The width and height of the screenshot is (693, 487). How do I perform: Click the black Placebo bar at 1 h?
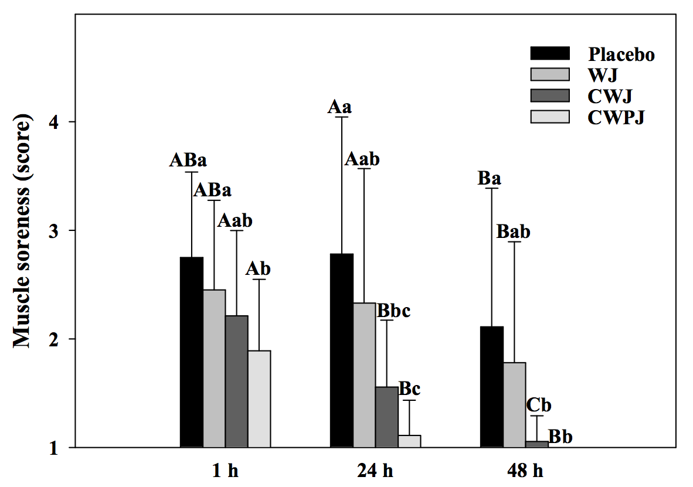pos(192,352)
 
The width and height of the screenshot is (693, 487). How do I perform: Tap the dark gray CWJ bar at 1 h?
pos(237,381)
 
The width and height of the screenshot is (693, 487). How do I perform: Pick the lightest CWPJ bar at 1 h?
pos(259,399)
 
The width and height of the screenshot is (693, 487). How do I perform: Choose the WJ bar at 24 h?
pos(364,375)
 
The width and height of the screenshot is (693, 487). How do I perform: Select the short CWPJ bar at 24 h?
pos(409,441)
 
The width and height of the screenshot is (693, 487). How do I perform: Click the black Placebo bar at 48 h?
pos(491,387)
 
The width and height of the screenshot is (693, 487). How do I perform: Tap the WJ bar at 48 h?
pos(514,404)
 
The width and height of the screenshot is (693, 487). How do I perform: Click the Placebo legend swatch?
pos(549,54)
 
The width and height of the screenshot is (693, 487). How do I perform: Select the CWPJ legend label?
pos(617,117)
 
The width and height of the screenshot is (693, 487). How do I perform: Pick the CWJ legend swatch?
pos(549,96)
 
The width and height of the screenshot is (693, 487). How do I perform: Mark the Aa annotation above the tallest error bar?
pos(339,107)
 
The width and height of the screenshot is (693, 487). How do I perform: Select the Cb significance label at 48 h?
pos(538,405)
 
